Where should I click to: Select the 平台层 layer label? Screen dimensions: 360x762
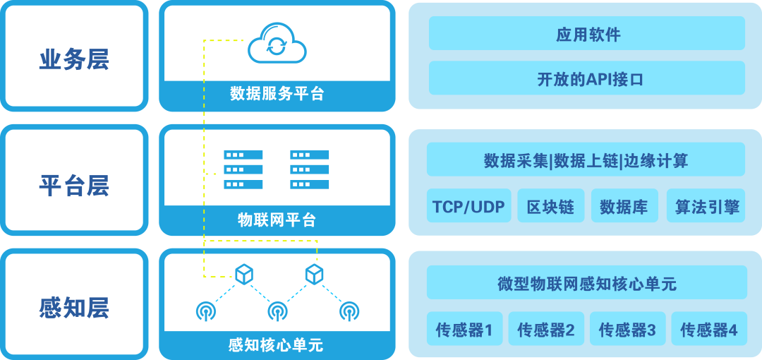tap(74, 186)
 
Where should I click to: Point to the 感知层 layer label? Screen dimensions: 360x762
tap(74, 308)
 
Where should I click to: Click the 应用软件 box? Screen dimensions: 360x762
tap(587, 34)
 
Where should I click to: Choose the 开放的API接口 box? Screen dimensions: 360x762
tap(587, 78)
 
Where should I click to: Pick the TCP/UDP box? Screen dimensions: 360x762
tap(468, 206)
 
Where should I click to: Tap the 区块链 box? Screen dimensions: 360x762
tap(550, 206)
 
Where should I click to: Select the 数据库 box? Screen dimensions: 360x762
tap(624, 206)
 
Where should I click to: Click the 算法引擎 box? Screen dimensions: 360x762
tap(706, 206)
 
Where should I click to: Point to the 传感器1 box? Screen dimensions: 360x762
tap(464, 329)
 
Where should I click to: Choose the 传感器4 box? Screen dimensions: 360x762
tap(708, 329)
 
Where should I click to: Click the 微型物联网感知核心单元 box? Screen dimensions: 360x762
tap(587, 283)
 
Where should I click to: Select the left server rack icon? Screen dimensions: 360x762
tap(243, 169)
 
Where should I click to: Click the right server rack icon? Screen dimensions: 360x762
tap(310, 169)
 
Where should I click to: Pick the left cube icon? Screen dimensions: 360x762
tap(243, 274)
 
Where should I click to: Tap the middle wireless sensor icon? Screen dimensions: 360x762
tap(277, 311)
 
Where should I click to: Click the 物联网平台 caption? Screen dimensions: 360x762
tap(277, 220)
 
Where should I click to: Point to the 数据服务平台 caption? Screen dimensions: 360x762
tap(277, 94)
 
